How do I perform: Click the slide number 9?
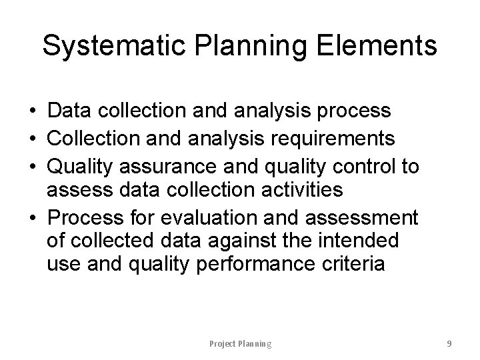click(x=449, y=343)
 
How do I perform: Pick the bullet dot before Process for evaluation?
click(x=33, y=217)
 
